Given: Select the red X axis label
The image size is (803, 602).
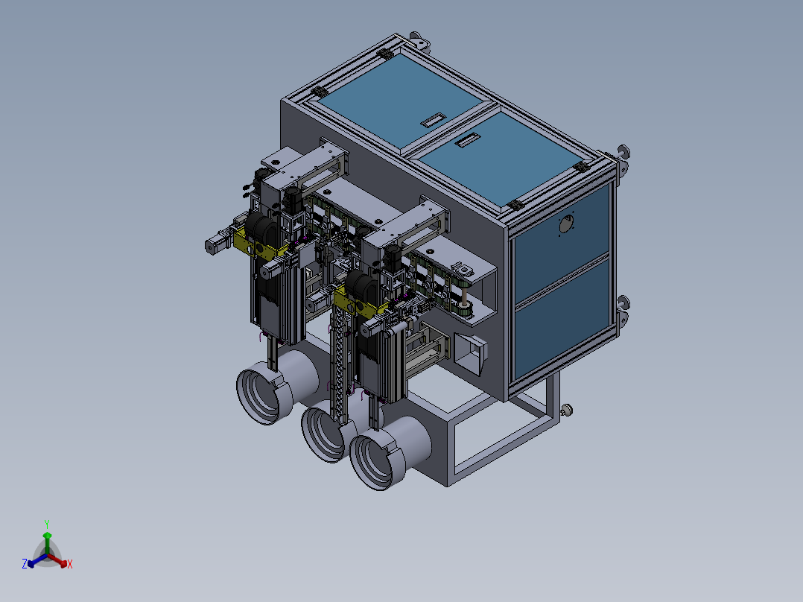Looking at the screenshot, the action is (x=70, y=564).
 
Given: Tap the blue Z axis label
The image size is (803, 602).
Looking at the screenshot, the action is (x=25, y=564).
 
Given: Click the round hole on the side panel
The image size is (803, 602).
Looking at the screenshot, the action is (x=566, y=224).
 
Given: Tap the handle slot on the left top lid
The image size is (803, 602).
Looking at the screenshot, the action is (x=434, y=120).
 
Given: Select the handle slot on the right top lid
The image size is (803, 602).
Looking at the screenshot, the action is (x=467, y=140).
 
